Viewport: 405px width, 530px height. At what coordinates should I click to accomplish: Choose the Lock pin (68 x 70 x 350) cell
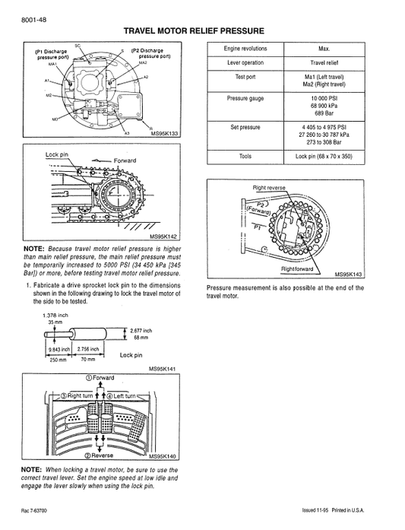pos(324,156)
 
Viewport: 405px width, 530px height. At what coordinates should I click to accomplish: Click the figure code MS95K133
pos(164,134)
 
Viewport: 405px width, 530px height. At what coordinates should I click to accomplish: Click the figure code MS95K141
pos(162,368)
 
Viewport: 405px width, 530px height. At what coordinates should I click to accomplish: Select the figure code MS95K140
pos(162,456)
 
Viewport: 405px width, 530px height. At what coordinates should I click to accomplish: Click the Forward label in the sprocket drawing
pos(125,160)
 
